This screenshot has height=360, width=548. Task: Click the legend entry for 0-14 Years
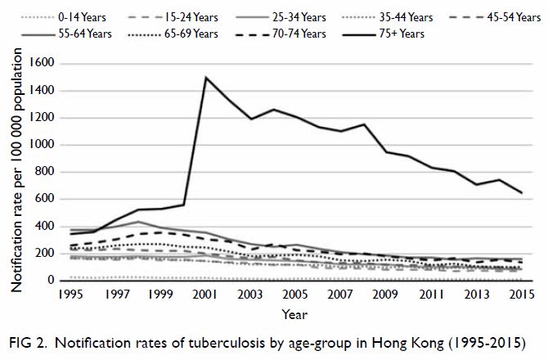coord(63,17)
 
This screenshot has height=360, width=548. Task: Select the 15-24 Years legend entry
coord(173,17)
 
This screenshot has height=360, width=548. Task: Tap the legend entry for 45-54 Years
coord(495,17)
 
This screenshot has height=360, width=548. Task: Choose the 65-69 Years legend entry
coord(173,34)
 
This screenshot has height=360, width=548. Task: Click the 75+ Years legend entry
coord(384,34)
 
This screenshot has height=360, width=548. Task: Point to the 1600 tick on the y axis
coord(42,63)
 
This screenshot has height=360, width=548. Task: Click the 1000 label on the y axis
coord(42,144)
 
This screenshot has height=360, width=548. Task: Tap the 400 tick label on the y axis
coord(44,226)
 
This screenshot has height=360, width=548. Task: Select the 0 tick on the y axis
coord(51,280)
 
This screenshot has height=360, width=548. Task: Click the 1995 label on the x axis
coord(71,295)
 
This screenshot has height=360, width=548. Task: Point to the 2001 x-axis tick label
coord(205,295)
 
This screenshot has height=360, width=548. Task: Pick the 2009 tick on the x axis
coord(385,295)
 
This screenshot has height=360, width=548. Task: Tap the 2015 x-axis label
coord(522,295)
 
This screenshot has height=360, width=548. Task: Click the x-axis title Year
coord(294,314)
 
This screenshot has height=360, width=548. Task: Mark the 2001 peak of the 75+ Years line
coord(206,77)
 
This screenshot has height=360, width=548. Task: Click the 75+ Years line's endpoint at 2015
coord(522,192)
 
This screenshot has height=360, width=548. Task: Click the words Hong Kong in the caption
coord(407,343)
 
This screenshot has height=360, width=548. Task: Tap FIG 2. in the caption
coord(28,343)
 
